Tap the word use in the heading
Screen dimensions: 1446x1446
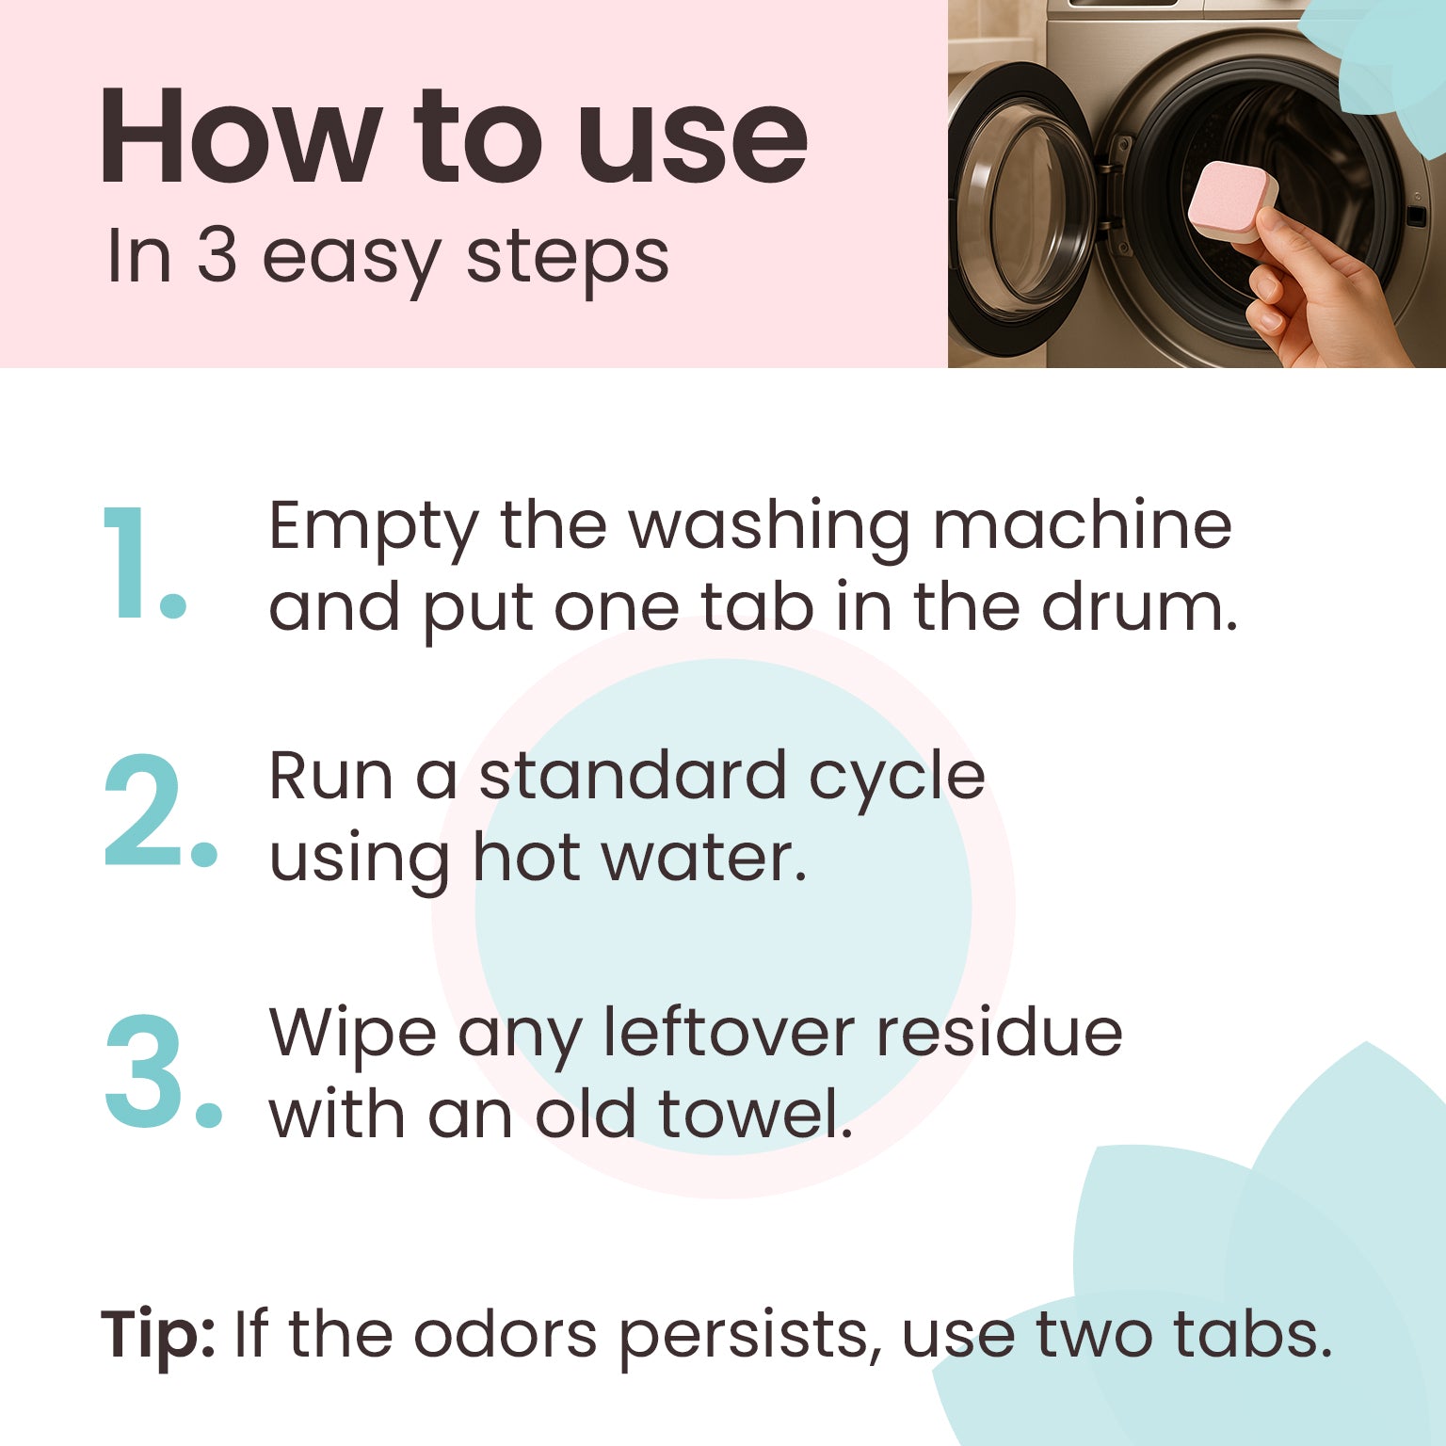(x=693, y=141)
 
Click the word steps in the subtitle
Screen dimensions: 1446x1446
(x=568, y=256)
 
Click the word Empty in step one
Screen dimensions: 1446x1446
(x=373, y=527)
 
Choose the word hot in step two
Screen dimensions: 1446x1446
(x=526, y=858)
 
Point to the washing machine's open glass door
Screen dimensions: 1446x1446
(x=1020, y=207)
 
